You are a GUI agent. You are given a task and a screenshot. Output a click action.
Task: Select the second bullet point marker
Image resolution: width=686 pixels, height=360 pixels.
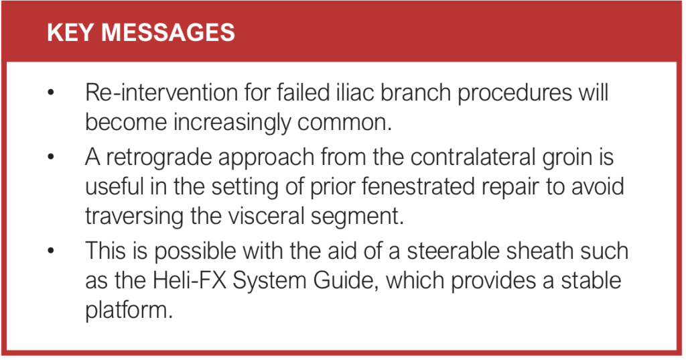click(x=50, y=158)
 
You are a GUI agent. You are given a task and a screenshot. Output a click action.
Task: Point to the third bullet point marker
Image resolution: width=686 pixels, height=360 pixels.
click(x=50, y=251)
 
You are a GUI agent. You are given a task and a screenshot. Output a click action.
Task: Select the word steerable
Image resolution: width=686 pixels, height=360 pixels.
click(x=439, y=251)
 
